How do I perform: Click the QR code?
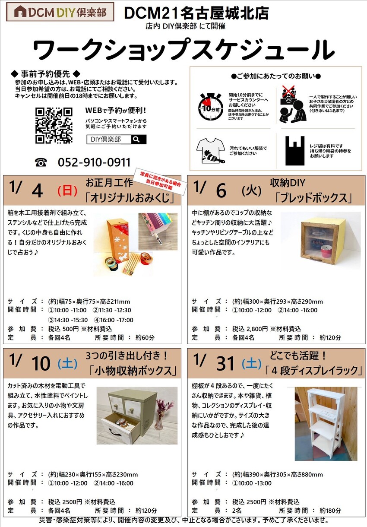pos(54,125)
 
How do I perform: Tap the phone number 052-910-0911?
pos(94,162)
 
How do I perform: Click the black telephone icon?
pos(41,162)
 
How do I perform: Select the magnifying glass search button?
pos(139,140)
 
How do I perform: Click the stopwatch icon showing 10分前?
pos(210,107)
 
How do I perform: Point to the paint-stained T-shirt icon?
pos(210,151)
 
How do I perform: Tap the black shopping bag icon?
pos(295,151)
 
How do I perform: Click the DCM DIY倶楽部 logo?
pos(60,12)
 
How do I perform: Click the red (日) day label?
pos(67,190)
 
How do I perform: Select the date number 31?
pos(225,363)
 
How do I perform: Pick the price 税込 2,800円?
pos(250,329)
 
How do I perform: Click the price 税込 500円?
pos(63,329)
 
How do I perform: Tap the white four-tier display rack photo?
pos(326,423)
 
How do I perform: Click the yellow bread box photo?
pos(320,241)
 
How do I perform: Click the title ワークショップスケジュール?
pos(183,50)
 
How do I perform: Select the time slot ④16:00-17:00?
pos(114,320)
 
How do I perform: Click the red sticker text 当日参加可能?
pos(159,184)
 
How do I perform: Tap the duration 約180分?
pos(330,511)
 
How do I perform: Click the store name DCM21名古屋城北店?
pos(196,13)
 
